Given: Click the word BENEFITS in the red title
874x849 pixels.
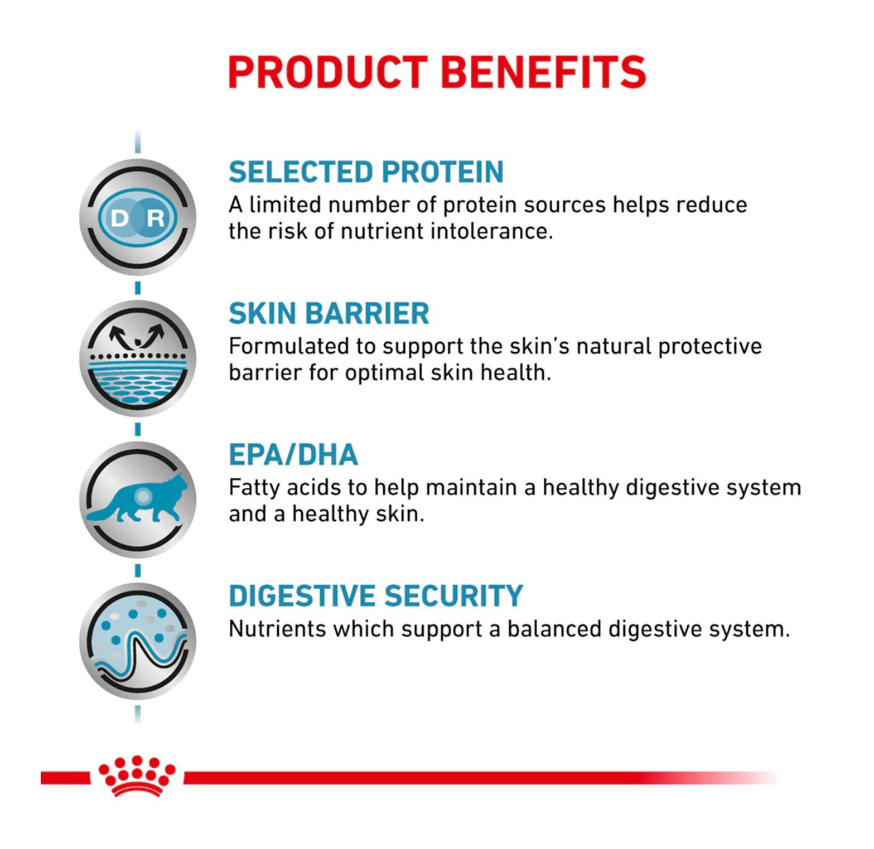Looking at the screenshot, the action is [544, 72].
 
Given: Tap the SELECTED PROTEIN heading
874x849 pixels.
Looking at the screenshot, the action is [366, 172].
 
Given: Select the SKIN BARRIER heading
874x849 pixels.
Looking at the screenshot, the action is [329, 313].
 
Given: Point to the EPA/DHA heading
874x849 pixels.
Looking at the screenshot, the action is [293, 454].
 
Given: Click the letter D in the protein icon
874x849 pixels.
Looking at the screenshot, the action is [120, 219].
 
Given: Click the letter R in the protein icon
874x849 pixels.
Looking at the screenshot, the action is [155, 219].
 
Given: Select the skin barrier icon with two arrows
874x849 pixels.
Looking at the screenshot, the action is [137, 358].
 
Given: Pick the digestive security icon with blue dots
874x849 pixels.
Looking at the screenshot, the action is [137, 641].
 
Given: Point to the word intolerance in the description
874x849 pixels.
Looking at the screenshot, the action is [491, 231].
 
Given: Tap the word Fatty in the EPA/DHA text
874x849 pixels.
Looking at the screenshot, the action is [254, 489].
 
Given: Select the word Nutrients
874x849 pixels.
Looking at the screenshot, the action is [277, 629].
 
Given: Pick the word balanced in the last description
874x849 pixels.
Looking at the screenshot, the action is [554, 629].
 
